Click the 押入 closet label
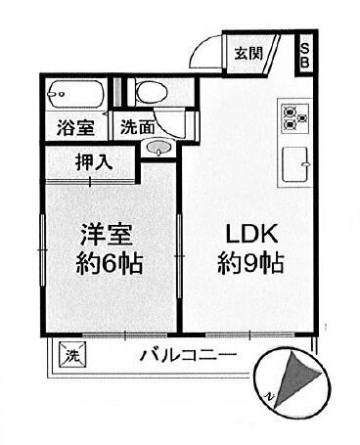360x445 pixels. [x=94, y=162]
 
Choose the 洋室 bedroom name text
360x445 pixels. [x=108, y=235]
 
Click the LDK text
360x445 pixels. [x=253, y=235]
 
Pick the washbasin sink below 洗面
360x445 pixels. [x=157, y=149]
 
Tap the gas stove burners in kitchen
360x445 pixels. [x=294, y=116]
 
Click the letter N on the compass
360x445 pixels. [x=265, y=393]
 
